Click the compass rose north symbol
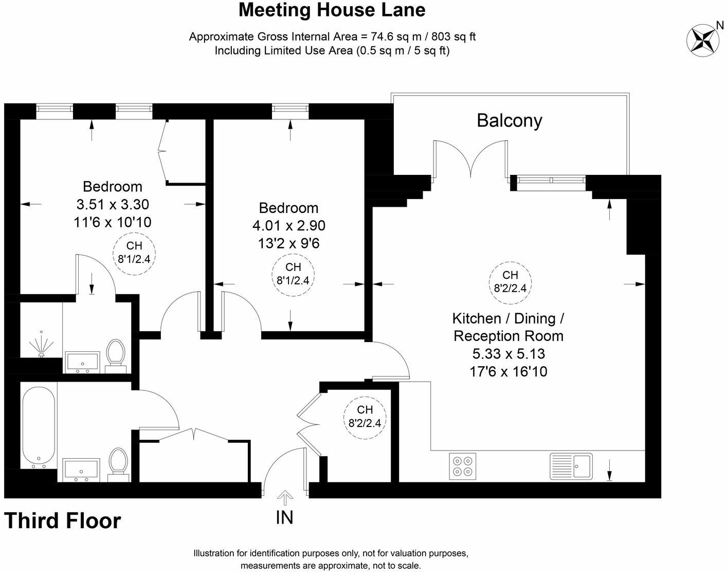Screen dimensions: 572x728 tap(702, 39)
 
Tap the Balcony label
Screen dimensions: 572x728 tap(509, 120)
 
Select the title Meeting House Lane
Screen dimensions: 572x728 tap(332, 10)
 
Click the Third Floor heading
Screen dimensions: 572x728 tap(62, 521)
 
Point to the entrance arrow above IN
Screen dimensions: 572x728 tap(284, 497)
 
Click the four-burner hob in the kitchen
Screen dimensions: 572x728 tap(462, 466)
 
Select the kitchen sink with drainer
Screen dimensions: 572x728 tap(571, 466)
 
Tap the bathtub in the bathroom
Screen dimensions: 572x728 tap(39, 425)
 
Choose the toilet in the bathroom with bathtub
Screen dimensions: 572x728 tap(118, 462)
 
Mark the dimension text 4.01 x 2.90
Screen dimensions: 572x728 tap(288, 226)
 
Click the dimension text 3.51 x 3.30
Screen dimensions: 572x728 tap(113, 204)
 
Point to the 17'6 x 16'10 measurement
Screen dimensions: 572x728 tap(508, 371)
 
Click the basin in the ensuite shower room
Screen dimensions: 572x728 tap(82, 362)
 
